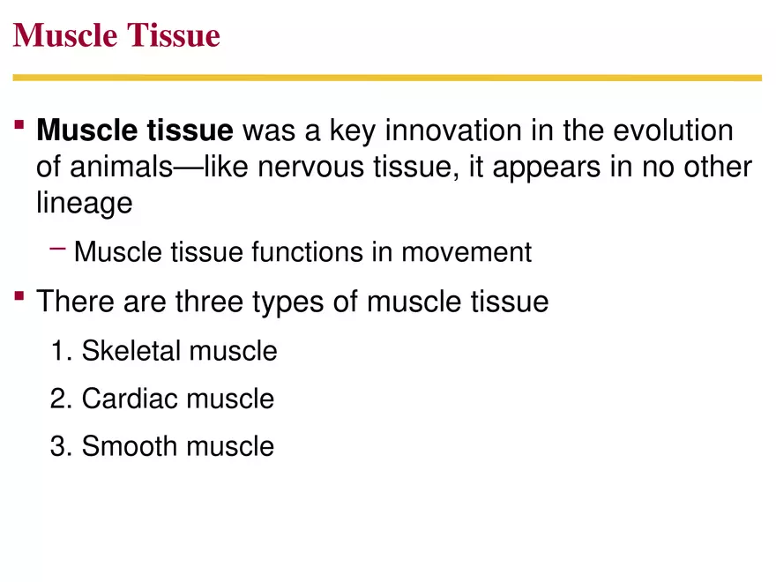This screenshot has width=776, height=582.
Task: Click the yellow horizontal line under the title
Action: click(x=387, y=78)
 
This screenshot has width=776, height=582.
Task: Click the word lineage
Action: click(x=85, y=203)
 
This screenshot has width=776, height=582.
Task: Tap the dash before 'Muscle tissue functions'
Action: click(x=58, y=250)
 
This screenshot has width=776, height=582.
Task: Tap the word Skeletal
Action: click(x=132, y=351)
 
